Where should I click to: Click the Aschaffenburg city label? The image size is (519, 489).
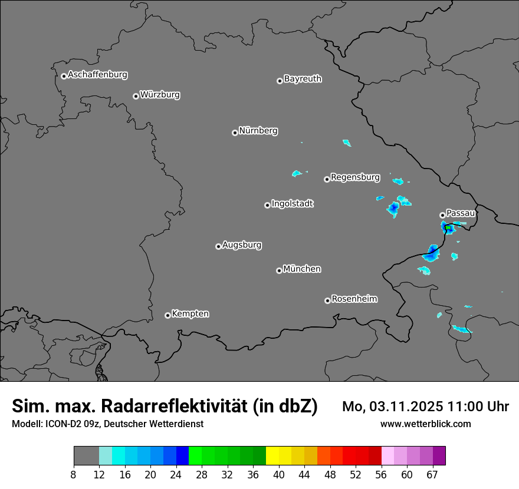[97, 75]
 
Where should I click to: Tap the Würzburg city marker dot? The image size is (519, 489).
[136, 96]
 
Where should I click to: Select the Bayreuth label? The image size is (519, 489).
[303, 78]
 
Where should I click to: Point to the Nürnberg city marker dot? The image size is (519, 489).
[235, 133]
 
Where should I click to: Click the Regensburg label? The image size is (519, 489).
[355, 177]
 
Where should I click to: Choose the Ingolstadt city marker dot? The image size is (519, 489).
[267, 205]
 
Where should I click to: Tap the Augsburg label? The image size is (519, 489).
[242, 244]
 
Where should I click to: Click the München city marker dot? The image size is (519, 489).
[279, 271]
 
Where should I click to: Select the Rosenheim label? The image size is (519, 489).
[354, 299]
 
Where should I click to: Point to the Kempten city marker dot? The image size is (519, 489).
[167, 315]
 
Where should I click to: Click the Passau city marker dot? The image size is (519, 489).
[442, 215]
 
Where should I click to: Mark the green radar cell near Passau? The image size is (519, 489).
[448, 227]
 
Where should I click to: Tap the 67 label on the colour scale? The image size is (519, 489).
[433, 474]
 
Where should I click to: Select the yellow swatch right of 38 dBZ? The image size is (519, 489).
[272, 455]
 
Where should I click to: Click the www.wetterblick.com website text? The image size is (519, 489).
[425, 424]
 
